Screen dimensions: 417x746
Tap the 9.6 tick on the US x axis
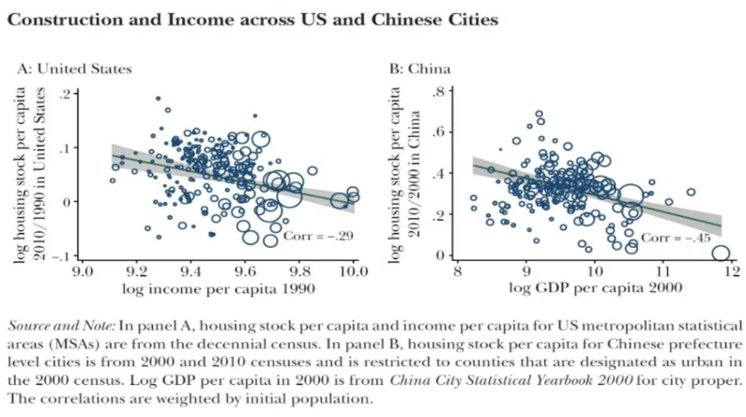click(245, 271)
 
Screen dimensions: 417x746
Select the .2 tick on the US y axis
click(64, 94)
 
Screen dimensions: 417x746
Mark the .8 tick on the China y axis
click(435, 92)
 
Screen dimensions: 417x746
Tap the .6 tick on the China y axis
click(435, 132)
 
